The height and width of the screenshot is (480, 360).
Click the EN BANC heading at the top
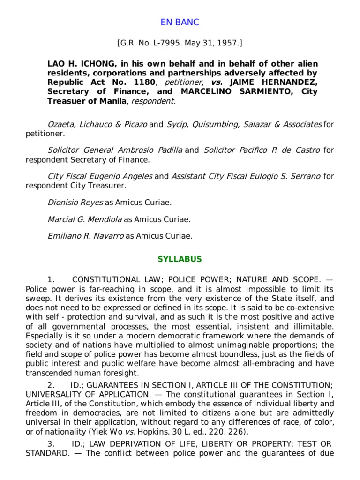click(180, 22)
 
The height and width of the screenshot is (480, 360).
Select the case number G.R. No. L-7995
click(153, 44)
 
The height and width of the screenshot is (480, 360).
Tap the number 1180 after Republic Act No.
click(134, 82)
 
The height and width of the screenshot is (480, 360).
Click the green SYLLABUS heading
click(180, 259)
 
